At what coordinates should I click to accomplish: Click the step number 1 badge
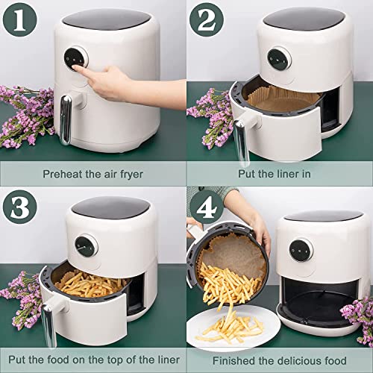pyautogui.click(x=19, y=20)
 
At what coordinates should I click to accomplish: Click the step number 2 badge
pyautogui.click(x=207, y=20)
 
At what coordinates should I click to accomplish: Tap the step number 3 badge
pyautogui.click(x=20, y=207)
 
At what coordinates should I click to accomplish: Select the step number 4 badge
pyautogui.click(x=207, y=207)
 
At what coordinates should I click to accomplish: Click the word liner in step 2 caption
pyautogui.click(x=286, y=174)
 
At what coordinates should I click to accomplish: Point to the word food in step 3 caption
pyautogui.click(x=58, y=360)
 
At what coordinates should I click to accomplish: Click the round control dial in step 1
pyautogui.click(x=76, y=59)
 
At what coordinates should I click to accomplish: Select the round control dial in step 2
pyautogui.click(x=279, y=59)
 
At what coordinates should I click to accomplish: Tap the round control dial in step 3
pyautogui.click(x=86, y=245)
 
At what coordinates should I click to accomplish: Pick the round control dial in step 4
pyautogui.click(x=301, y=250)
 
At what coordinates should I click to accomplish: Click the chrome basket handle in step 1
pyautogui.click(x=66, y=119)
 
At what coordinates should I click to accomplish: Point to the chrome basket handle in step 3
pyautogui.click(x=48, y=325)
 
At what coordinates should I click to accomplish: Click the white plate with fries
pyautogui.click(x=233, y=327)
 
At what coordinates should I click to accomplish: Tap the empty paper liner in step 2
pyautogui.click(x=283, y=99)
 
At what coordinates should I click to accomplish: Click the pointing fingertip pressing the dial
pyautogui.click(x=75, y=68)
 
